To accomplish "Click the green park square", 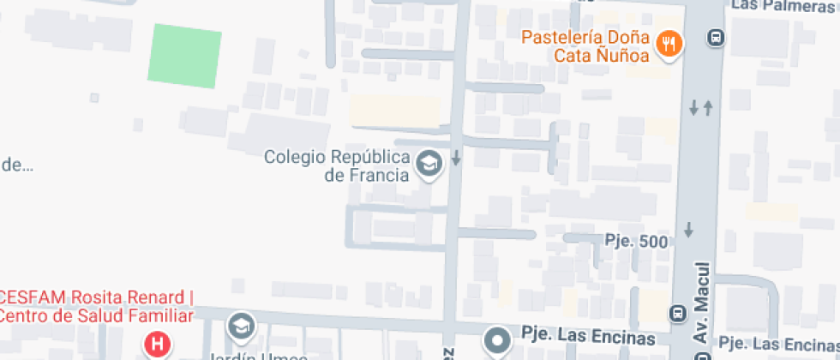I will pyautogui.click(x=185, y=57).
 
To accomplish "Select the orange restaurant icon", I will pyautogui.click(x=669, y=44).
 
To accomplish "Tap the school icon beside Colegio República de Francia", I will pyautogui.click(x=428, y=164).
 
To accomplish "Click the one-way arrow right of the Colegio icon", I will pyautogui.click(x=457, y=158).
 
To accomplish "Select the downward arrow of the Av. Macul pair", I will pyautogui.click(x=694, y=108).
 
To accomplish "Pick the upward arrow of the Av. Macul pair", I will pyautogui.click(x=708, y=108).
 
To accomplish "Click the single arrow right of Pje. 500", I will pyautogui.click(x=688, y=230).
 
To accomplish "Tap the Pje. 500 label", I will pyautogui.click(x=636, y=242).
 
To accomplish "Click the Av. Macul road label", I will pyautogui.click(x=701, y=309).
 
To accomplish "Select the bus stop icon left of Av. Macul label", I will pyautogui.click(x=677, y=315).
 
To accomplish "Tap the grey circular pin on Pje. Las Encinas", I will pyautogui.click(x=496, y=340).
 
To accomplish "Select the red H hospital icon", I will pyautogui.click(x=157, y=346).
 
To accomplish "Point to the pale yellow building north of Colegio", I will pyautogui.click(x=395, y=111).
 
